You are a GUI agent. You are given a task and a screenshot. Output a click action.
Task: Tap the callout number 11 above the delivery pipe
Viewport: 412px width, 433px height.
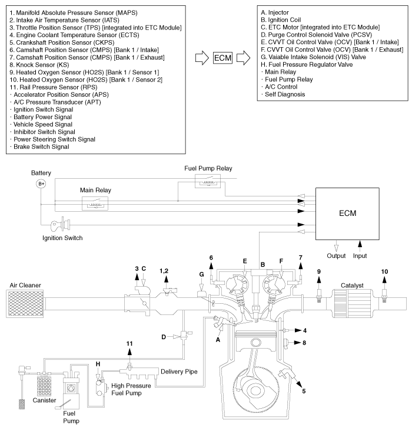coord(130,343)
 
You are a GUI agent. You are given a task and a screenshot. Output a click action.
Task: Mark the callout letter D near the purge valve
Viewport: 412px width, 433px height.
coord(164,337)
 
